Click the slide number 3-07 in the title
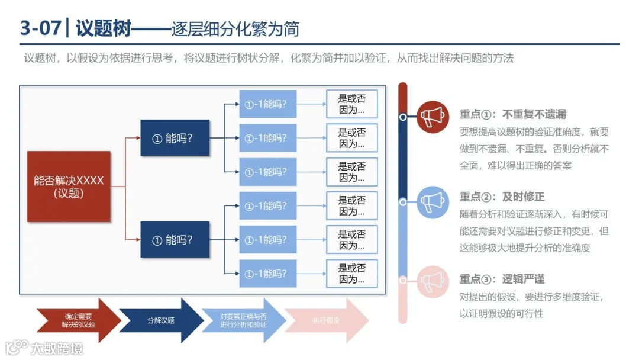[x=40, y=28]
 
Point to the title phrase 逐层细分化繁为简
[x=235, y=28]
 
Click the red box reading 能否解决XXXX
[x=69, y=187]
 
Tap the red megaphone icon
[x=433, y=117]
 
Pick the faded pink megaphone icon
[x=433, y=281]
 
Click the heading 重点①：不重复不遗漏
[x=512, y=114]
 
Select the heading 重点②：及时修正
[x=502, y=197]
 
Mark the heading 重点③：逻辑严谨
[x=502, y=279]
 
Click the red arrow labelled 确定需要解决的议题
[x=78, y=320]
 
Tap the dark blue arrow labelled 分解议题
[x=161, y=320]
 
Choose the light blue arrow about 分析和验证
[x=243, y=320]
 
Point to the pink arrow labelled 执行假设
[x=326, y=320]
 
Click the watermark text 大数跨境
[x=57, y=348]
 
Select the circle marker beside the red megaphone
[x=403, y=117]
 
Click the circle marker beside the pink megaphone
[x=403, y=281]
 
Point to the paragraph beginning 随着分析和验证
[x=534, y=231]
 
